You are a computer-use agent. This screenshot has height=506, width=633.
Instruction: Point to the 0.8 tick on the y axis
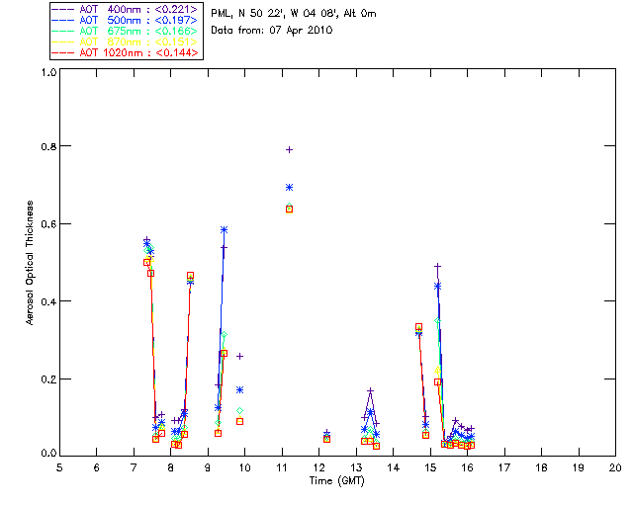45,146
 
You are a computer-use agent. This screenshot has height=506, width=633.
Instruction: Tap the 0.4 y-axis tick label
45,301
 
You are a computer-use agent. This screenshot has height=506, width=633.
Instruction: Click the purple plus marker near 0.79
289,149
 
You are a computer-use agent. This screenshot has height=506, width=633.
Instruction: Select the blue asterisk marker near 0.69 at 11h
289,187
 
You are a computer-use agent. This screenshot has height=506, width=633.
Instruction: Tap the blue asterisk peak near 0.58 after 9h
224,230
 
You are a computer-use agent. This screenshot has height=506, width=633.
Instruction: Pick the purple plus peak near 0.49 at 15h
437,266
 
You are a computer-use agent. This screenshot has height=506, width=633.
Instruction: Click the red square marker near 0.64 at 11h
289,209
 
